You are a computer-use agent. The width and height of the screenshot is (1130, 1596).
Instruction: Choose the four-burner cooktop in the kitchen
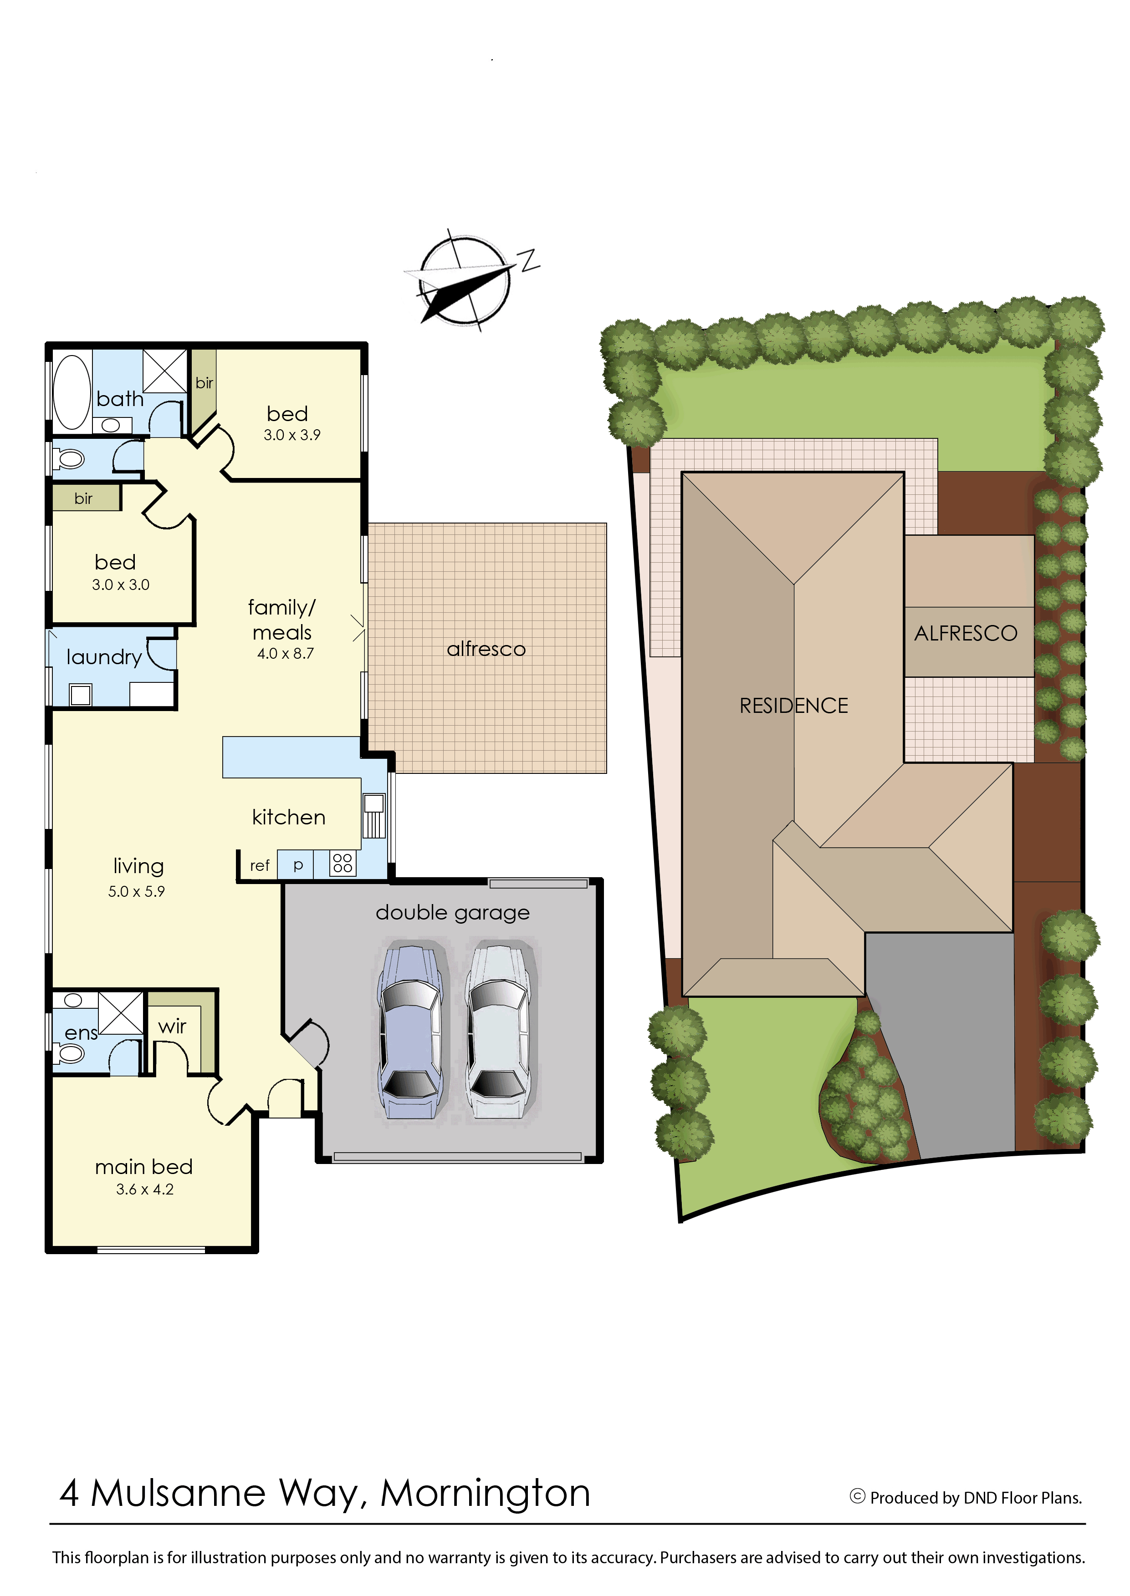click(343, 863)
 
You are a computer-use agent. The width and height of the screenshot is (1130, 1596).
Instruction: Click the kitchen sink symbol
click(373, 814)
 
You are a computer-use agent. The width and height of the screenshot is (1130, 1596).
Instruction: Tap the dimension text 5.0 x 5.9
click(136, 891)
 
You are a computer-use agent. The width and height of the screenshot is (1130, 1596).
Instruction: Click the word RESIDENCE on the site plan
click(793, 706)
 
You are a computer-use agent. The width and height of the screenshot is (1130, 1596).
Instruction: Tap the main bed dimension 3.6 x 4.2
click(145, 1189)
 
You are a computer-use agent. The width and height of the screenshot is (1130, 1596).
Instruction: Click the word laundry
click(104, 657)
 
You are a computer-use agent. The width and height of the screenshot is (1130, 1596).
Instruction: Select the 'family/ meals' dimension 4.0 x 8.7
click(285, 654)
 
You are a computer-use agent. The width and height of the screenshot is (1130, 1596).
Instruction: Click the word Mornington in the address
click(485, 1493)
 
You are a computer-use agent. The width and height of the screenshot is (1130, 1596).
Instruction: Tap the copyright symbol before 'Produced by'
click(857, 1497)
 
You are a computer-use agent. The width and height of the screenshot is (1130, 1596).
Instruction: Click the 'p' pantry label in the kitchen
click(298, 864)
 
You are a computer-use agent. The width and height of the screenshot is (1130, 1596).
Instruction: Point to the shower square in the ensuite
click(120, 1012)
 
